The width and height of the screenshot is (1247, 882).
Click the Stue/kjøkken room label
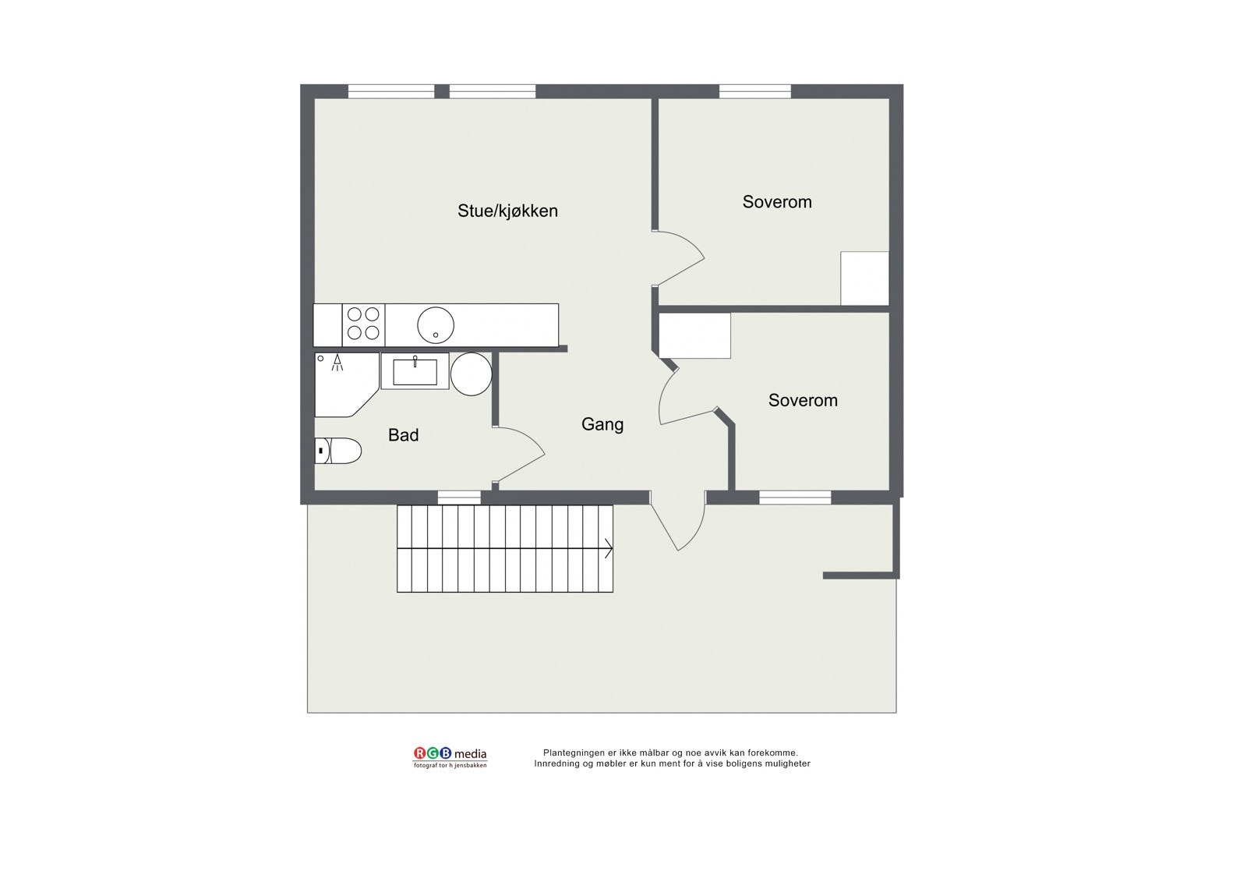[x=507, y=211]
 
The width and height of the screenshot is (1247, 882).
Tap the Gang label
[x=602, y=424]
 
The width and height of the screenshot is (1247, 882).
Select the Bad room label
[x=403, y=435]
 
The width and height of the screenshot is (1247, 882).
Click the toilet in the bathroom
[x=339, y=451]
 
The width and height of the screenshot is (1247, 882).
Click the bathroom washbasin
[x=415, y=371]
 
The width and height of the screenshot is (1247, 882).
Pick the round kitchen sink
[x=435, y=325]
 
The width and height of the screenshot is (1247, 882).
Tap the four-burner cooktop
[x=363, y=324]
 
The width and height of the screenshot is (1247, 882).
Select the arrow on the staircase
[x=607, y=548]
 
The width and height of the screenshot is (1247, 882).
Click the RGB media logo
[x=450, y=756]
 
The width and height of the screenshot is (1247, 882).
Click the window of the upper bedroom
[x=754, y=91]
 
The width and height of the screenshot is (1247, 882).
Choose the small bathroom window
[x=459, y=498]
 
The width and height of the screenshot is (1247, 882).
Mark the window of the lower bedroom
[x=795, y=498]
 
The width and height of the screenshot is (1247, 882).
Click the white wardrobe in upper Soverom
[x=864, y=278]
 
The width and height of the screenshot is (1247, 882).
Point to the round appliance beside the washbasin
[x=471, y=374]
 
